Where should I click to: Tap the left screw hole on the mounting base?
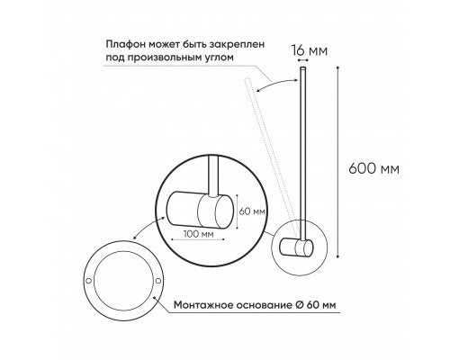[89, 283]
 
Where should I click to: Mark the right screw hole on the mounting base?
[159, 283]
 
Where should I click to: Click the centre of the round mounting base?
[124, 284]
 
